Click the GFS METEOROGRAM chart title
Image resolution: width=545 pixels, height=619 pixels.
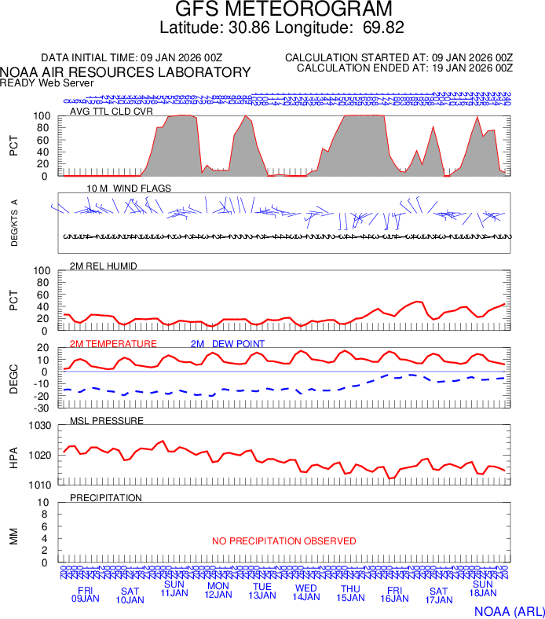[283, 10]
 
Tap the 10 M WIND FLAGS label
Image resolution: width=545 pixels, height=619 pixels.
[129, 189]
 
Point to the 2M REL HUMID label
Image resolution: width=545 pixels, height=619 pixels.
[104, 266]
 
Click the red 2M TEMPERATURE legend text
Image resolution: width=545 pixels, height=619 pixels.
[113, 344]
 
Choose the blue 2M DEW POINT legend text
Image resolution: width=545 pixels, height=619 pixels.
[228, 344]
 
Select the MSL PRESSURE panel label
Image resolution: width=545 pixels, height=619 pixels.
[107, 421]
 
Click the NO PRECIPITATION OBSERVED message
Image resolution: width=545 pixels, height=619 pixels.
[283, 541]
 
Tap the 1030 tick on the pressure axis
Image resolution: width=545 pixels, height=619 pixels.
[40, 427]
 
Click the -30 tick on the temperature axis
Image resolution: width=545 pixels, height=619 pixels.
[43, 408]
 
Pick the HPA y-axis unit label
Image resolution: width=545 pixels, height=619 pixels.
[14, 456]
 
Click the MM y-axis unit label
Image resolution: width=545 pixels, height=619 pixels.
[14, 534]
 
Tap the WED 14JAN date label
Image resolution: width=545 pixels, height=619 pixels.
[306, 594]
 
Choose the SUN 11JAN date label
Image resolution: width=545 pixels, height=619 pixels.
[174, 588]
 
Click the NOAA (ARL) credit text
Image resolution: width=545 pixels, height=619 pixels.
[509, 610]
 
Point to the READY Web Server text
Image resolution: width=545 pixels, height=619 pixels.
[47, 82]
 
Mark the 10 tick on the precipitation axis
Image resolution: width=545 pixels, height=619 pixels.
[45, 503]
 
